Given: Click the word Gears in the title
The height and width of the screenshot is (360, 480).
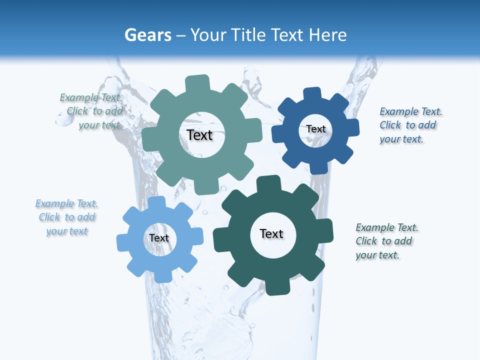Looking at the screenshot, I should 147,35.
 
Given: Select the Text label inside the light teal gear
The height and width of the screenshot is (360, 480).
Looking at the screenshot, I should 199,135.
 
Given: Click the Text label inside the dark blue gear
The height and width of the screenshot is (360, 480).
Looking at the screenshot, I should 316,129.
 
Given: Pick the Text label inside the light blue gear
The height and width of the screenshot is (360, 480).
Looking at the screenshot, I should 159,238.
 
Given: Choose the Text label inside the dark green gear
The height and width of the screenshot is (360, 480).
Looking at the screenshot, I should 271,233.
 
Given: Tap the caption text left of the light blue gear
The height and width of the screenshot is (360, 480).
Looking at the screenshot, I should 67,217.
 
